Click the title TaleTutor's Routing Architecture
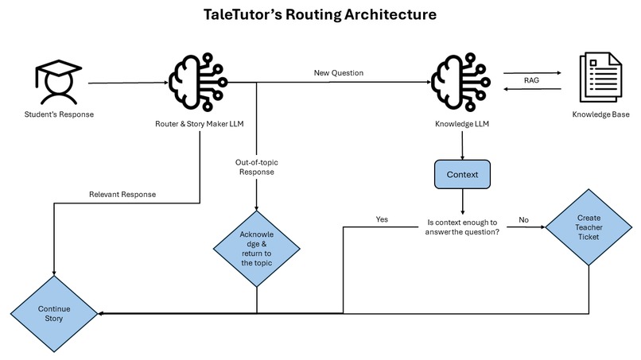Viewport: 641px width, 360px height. pos(319,15)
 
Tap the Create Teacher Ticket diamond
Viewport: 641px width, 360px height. pos(588,226)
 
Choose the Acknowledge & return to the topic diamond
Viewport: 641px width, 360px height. pos(257,249)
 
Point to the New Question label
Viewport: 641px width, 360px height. pos(340,72)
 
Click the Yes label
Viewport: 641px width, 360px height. pos(382,219)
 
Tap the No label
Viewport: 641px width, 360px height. pos(524,219)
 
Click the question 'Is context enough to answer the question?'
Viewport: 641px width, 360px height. pos(464,226)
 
